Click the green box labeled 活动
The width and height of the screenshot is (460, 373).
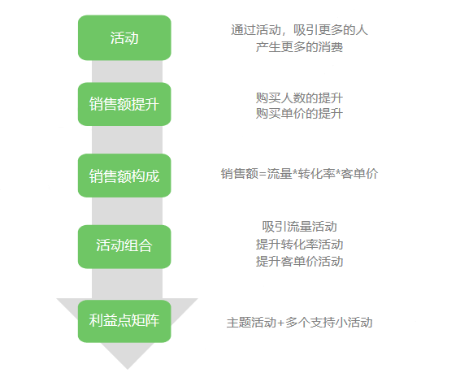point(124,38)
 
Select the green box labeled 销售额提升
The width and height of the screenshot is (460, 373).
point(124,104)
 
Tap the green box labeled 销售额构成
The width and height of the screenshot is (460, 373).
point(124,176)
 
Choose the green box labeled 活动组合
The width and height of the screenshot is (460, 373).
point(124,246)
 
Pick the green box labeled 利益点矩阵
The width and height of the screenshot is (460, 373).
point(124,321)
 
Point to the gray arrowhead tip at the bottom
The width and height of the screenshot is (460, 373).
point(128,369)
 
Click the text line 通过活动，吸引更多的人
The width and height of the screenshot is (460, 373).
point(299,30)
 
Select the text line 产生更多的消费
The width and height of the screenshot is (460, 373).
point(299,47)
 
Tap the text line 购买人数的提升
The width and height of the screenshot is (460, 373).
point(299,98)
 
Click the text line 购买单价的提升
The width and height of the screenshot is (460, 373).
point(299,113)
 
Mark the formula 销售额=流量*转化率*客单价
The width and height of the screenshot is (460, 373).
point(299,174)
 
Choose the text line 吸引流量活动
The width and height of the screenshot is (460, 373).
point(299,227)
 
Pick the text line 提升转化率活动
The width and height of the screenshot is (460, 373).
point(299,245)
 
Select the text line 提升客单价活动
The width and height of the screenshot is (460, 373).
point(299,262)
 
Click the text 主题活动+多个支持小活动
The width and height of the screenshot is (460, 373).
point(299,323)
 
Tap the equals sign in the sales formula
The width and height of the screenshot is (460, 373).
point(263,174)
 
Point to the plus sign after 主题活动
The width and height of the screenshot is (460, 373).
point(280,323)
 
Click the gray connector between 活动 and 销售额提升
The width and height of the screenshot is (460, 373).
point(127,72)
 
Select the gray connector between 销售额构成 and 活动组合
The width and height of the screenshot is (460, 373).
point(127,211)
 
